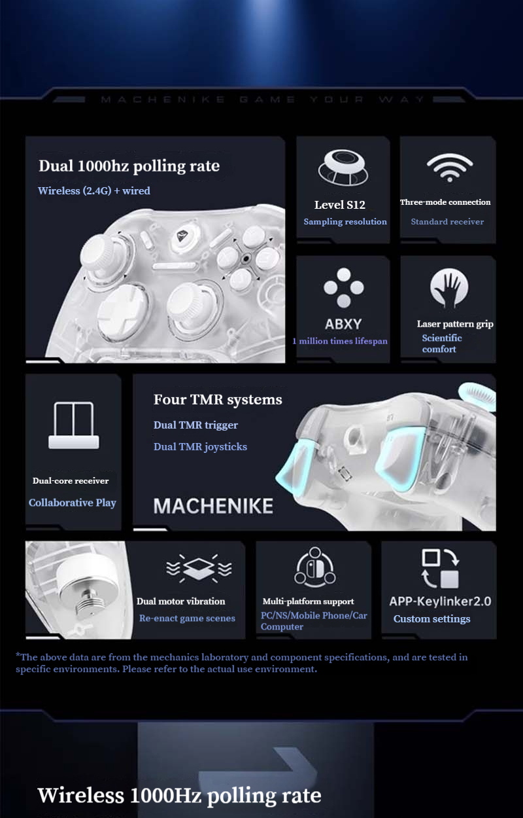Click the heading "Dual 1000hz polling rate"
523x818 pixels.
click(129, 166)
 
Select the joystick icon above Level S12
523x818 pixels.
click(343, 168)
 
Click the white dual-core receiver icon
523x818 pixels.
click(73, 425)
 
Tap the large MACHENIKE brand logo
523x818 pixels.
click(213, 505)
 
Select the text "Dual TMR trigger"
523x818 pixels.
click(195, 425)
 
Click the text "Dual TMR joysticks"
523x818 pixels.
click(200, 446)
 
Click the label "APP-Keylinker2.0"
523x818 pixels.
click(440, 601)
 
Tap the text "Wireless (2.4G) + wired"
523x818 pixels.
click(94, 190)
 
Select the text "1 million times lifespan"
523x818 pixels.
click(339, 341)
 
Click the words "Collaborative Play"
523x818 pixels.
click(73, 503)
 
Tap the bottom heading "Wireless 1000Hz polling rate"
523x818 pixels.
click(179, 795)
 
